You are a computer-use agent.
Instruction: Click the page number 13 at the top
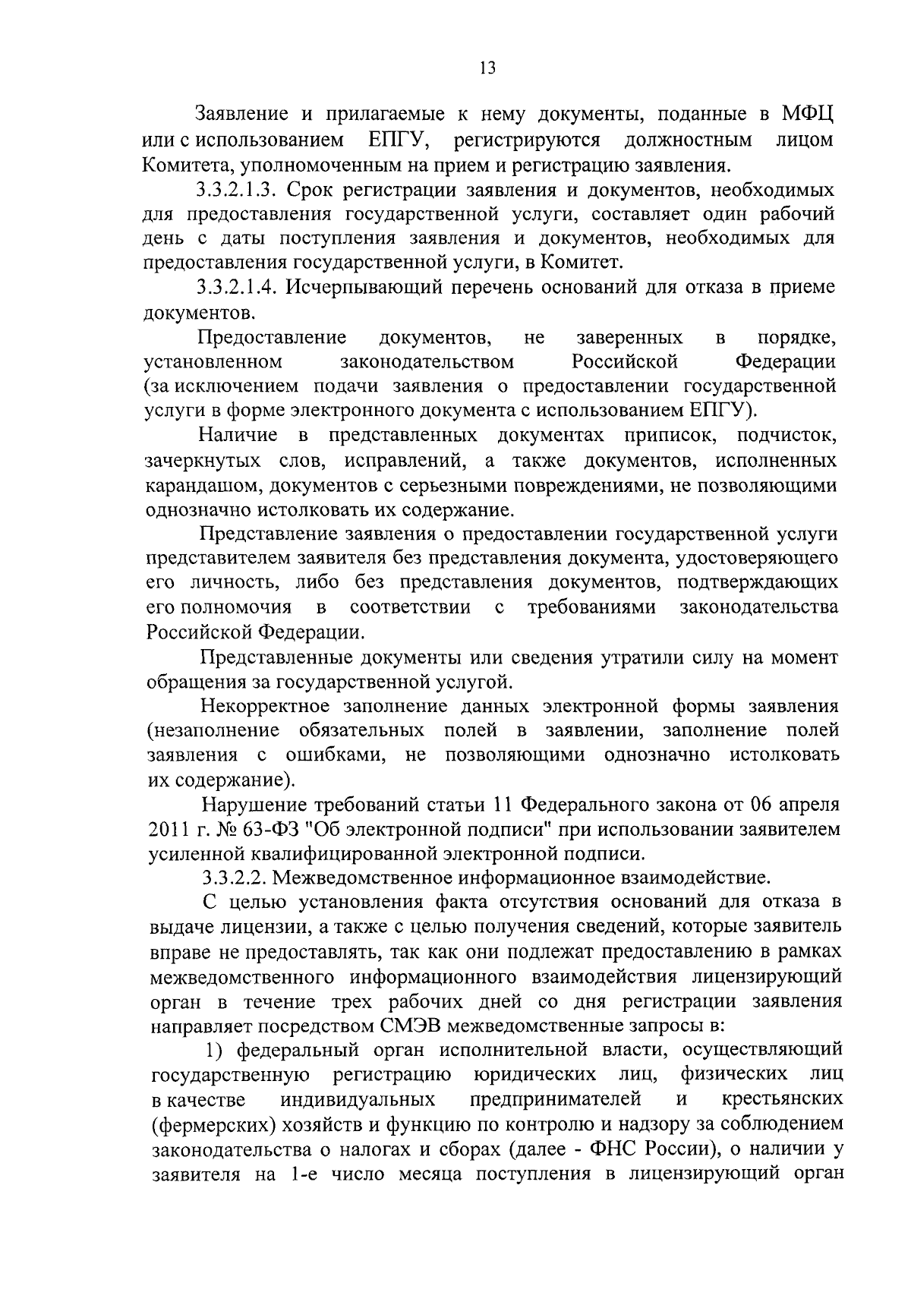(x=487, y=69)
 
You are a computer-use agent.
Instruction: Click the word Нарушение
(x=247, y=805)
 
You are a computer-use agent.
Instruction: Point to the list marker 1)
(x=219, y=1051)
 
